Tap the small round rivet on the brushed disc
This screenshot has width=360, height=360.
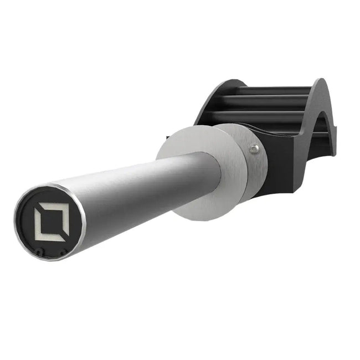[254, 148]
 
